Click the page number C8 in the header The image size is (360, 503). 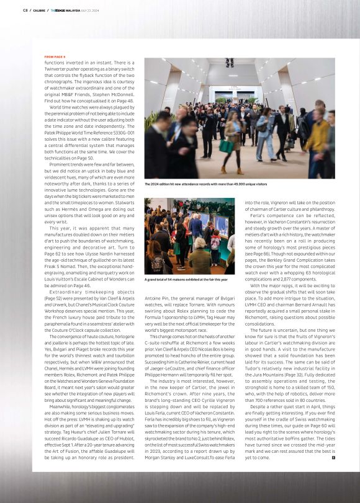click(25, 10)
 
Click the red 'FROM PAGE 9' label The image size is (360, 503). click(55, 56)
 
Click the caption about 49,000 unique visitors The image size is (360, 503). click(205, 184)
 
